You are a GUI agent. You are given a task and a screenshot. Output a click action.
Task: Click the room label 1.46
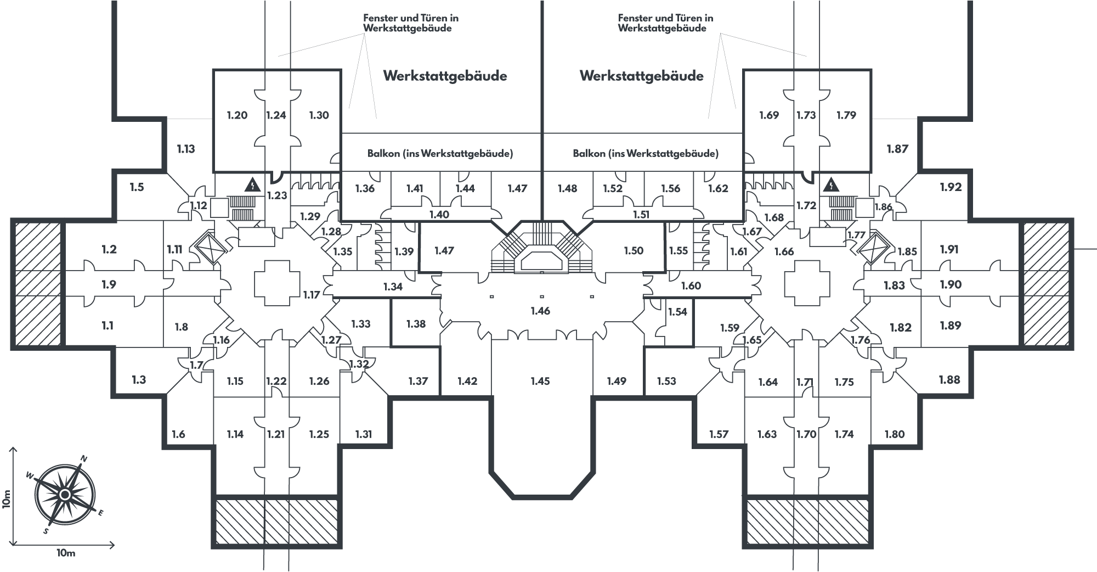[540, 311]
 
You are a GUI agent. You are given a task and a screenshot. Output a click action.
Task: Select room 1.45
[540, 381]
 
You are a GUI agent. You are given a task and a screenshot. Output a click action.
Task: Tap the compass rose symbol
[64, 495]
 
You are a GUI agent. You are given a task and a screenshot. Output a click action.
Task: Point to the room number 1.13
[186, 149]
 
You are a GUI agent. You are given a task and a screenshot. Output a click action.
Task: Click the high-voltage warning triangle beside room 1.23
[252, 185]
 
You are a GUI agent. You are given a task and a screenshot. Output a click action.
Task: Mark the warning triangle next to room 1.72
[832, 185]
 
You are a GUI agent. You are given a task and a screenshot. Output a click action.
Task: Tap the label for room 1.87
[897, 149]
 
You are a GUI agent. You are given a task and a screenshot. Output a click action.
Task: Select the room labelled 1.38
[416, 324]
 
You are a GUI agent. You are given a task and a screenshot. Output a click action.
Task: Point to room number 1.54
[677, 312]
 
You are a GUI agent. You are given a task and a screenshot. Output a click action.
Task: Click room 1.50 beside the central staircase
[634, 251]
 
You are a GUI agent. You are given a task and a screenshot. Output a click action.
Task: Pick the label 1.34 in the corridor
[393, 287]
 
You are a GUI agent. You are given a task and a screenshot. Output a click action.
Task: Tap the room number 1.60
[691, 285]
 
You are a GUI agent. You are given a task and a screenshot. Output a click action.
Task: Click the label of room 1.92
[951, 187]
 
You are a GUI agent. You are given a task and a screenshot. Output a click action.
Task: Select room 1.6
[178, 435]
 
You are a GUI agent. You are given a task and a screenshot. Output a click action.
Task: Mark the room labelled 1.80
[894, 435]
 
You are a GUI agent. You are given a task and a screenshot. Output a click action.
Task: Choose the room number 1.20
[237, 115]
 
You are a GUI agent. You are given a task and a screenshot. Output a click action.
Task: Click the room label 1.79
[846, 115]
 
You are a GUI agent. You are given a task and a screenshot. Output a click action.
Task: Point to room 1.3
[139, 380]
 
